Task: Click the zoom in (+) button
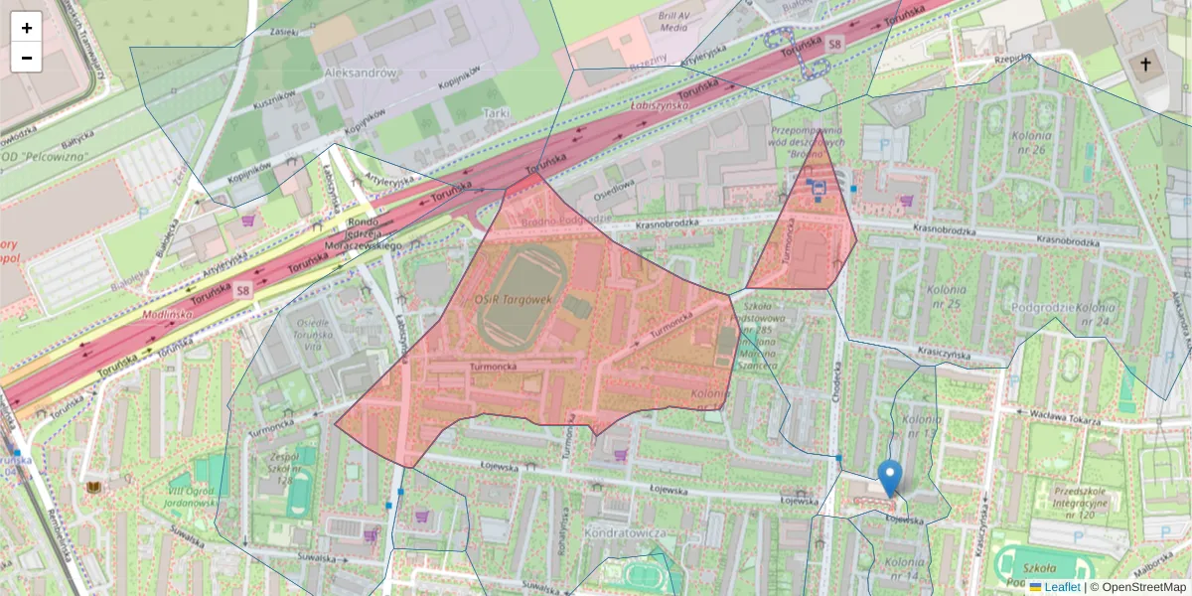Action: (27, 28)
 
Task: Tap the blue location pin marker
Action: (891, 478)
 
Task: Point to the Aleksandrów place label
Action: (362, 73)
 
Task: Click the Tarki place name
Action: (495, 113)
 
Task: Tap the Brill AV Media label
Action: (672, 22)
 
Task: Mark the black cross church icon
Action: (1145, 66)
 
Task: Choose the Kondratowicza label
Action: (624, 533)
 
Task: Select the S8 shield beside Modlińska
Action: (243, 291)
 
